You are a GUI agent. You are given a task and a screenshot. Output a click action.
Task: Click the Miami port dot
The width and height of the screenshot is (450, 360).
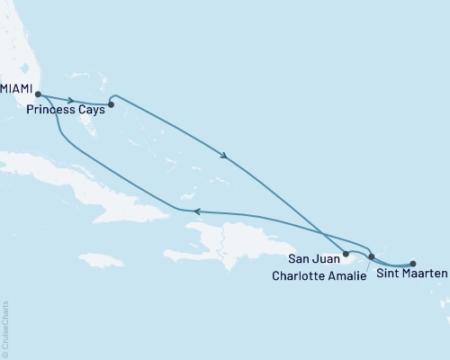(38, 93)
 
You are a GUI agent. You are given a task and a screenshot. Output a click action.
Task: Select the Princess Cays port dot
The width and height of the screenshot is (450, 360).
(111, 104)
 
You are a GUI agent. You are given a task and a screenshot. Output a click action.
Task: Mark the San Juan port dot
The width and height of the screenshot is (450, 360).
(346, 255)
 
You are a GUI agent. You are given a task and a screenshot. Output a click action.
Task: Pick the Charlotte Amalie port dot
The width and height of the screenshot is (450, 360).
(372, 258)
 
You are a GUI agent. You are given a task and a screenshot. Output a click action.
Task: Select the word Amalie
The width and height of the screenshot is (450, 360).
(347, 275)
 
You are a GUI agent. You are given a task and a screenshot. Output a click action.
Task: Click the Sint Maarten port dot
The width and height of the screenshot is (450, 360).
(413, 264)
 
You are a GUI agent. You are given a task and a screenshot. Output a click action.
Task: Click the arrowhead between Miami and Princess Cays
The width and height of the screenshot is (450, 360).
(71, 99)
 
